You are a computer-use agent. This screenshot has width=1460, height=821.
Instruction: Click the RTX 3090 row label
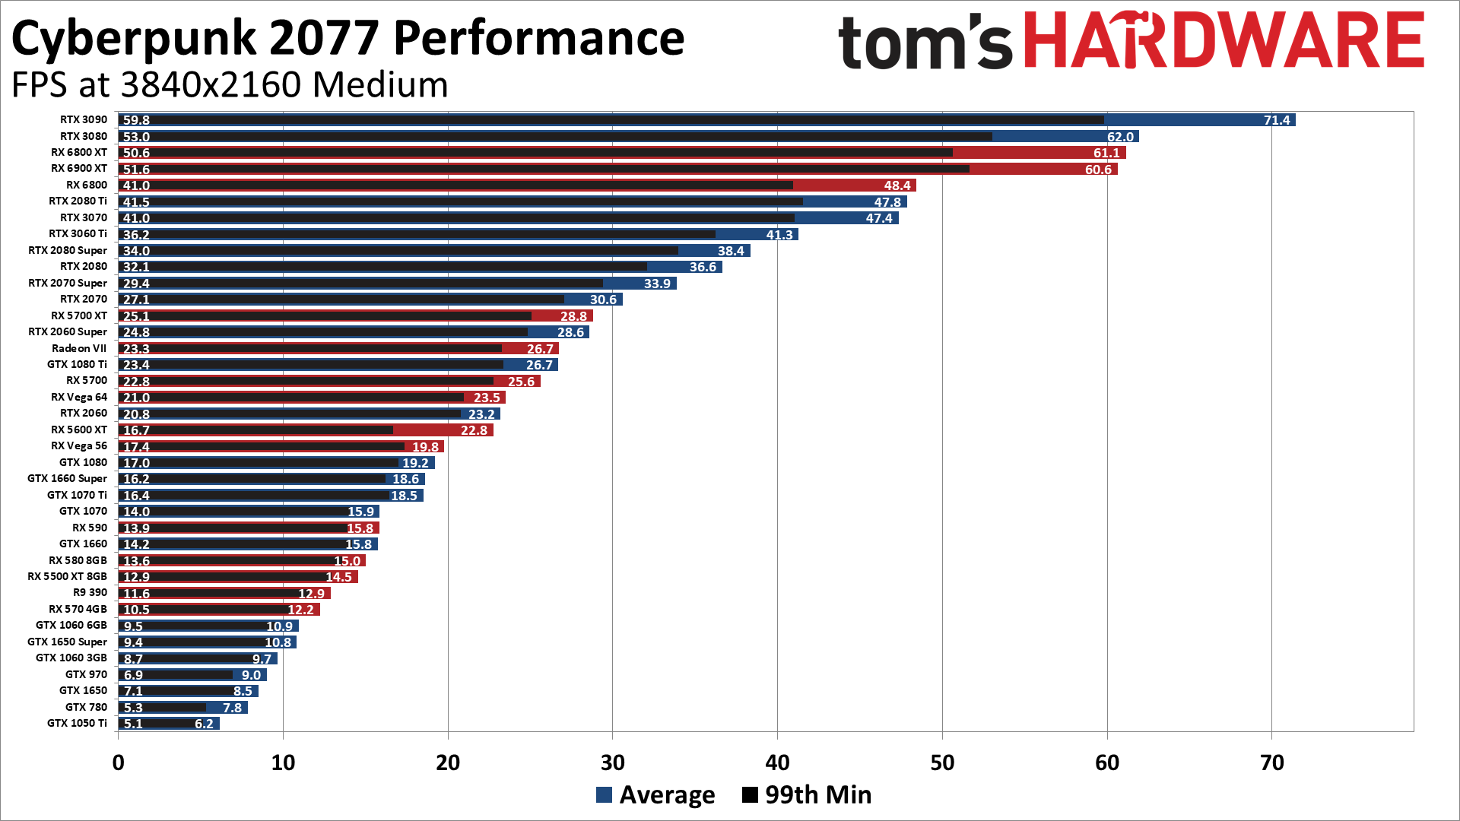pos(84,119)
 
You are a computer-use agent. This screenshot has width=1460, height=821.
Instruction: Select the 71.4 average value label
pos(1277,120)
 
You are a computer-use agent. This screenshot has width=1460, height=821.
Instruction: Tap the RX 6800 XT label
pos(79,152)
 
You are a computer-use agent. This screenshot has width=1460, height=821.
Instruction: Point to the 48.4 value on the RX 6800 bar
pos(897,185)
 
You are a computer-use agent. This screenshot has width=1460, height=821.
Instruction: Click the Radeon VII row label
pos(79,348)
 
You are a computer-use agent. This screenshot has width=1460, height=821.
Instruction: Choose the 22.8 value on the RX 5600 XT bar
pos(474,430)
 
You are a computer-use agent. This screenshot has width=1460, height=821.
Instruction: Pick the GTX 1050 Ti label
pos(77,723)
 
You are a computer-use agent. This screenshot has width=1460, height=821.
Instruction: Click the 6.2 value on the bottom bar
pos(204,724)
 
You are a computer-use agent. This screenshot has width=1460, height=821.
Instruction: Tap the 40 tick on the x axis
pos(777,762)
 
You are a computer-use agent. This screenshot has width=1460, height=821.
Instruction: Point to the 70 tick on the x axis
pos(1271,762)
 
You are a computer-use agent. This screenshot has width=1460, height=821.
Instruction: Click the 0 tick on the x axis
pos(119,762)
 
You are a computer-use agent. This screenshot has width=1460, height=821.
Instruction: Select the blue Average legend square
pos(605,795)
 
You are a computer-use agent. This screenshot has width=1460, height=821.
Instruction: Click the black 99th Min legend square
pos(750,795)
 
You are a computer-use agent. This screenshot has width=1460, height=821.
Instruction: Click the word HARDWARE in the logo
pos(1224,42)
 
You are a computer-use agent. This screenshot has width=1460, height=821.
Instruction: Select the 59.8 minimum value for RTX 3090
pos(136,120)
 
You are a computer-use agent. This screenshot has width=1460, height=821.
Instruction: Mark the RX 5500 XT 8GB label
pos(67,576)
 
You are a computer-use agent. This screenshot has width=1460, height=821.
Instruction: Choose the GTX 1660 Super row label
pos(67,478)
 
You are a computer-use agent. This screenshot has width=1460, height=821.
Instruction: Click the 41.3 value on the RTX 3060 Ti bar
pos(779,235)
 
